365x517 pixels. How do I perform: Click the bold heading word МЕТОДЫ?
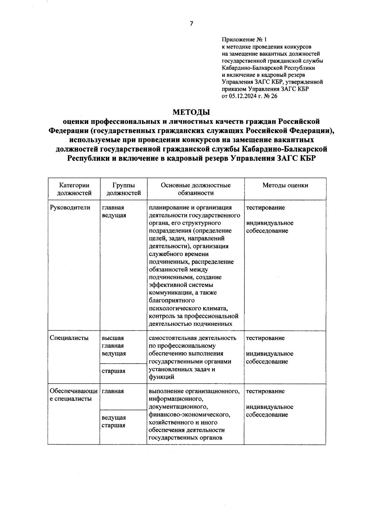pyautogui.click(x=191, y=112)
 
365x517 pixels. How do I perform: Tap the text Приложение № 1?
pyautogui.click(x=244, y=40)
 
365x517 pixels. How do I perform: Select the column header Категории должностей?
pyautogui.click(x=74, y=189)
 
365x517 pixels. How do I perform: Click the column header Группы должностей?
pyautogui.click(x=123, y=189)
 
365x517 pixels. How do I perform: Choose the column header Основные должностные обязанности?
pyautogui.click(x=196, y=189)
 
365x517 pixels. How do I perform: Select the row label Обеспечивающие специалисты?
pyautogui.click(x=74, y=395)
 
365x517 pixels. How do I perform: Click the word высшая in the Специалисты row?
pyautogui.click(x=113, y=338)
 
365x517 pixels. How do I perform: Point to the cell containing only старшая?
pyautogui.click(x=113, y=371)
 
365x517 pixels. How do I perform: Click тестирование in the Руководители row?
pyautogui.click(x=265, y=208)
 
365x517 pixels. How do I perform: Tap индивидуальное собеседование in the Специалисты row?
pyautogui.click(x=269, y=358)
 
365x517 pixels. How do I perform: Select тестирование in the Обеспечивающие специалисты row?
pyautogui.click(x=265, y=391)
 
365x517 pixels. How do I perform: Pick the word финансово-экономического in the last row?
pyautogui.click(x=189, y=415)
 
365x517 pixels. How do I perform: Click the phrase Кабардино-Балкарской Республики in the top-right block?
pyautogui.click(x=268, y=68)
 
